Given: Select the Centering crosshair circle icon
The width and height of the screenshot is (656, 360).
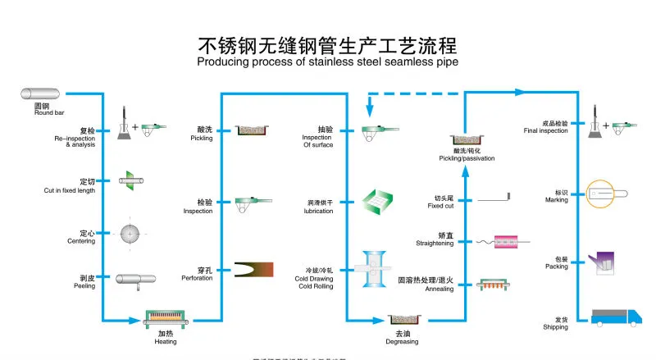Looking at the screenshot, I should pyautogui.click(x=130, y=234).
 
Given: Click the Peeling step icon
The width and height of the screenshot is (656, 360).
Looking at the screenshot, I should pyautogui.click(x=134, y=280).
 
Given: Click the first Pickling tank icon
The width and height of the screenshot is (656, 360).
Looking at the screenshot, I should pyautogui.click(x=255, y=130).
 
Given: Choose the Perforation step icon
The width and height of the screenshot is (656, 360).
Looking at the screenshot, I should pyautogui.click(x=254, y=270).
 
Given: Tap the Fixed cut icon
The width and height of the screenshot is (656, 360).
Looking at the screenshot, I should pyautogui.click(x=493, y=198).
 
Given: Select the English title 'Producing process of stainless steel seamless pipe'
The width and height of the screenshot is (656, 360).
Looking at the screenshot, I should pyautogui.click(x=327, y=62).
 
